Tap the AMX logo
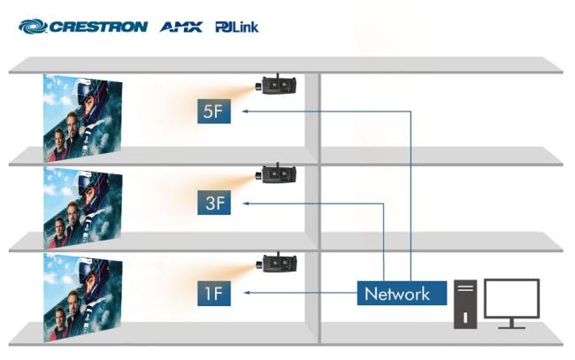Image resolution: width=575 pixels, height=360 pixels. pyautogui.click(x=180, y=27)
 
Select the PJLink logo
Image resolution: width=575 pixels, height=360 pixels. pyautogui.click(x=236, y=27)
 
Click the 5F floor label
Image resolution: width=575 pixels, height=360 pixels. pyautogui.click(x=214, y=112)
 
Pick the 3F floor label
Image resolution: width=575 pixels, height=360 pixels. pyautogui.click(x=214, y=203)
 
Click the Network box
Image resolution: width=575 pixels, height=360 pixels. pyautogui.click(x=397, y=294)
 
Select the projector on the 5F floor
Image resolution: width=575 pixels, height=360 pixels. pyautogui.click(x=278, y=85)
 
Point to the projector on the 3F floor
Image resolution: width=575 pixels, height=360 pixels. pyautogui.click(x=278, y=174)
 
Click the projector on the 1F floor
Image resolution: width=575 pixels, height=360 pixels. pyautogui.click(x=278, y=264)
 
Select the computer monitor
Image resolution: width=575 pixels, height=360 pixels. pyautogui.click(x=510, y=302)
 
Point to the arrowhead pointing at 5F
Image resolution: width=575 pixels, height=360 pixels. pyautogui.click(x=246, y=112)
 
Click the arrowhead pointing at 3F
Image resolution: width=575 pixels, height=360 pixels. pyautogui.click(x=246, y=203)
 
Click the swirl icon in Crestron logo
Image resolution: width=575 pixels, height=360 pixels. pyautogui.click(x=31, y=27)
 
